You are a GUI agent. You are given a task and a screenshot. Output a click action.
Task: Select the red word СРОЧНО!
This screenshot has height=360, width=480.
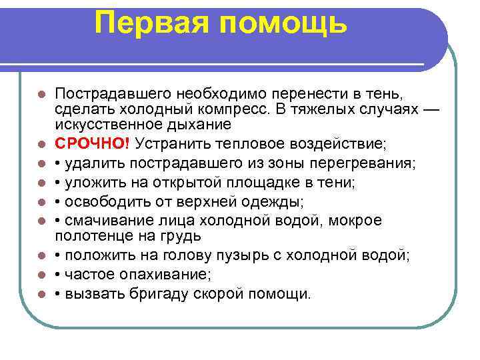pos(93,144)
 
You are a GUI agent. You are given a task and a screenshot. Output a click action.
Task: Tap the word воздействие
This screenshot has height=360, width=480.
pos(327,144)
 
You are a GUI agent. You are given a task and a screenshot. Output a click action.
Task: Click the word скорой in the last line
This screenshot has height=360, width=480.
pos(215,293)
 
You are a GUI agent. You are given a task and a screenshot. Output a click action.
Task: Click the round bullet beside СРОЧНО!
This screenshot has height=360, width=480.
pos(41,144)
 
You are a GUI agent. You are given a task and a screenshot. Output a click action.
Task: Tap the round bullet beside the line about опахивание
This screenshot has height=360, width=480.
pos(41,275)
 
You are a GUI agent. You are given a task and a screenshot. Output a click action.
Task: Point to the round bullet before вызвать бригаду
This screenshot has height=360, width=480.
pos(41,293)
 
